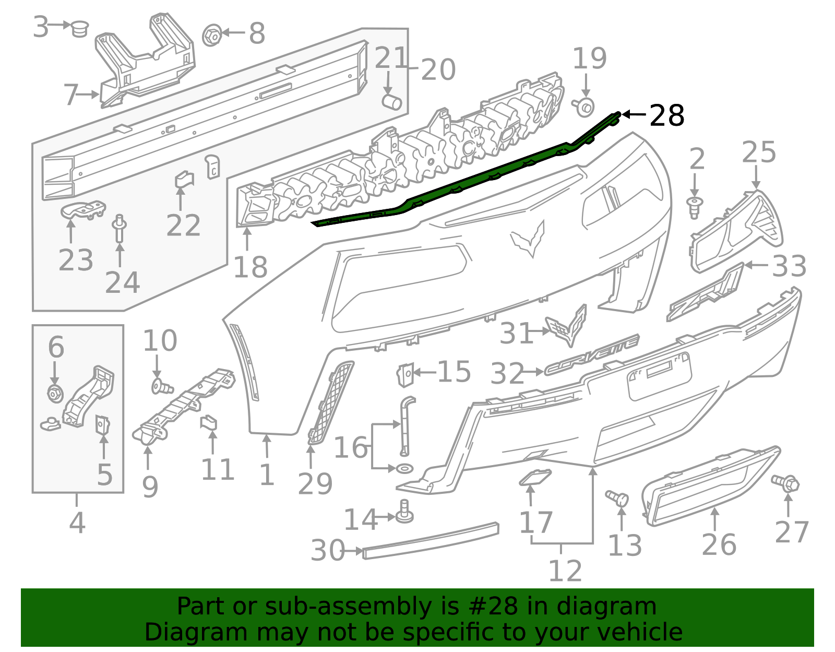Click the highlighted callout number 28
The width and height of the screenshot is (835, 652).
click(x=666, y=115)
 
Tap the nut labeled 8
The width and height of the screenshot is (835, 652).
click(x=211, y=35)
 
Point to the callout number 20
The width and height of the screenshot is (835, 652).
click(x=438, y=70)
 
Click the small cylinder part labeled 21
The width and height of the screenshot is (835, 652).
click(x=392, y=101)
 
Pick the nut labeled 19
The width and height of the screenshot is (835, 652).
click(x=584, y=106)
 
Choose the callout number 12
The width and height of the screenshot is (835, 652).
click(x=565, y=571)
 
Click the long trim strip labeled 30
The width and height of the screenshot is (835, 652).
click(x=430, y=540)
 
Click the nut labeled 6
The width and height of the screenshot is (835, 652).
click(x=55, y=393)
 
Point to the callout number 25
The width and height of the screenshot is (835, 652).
click(x=759, y=153)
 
